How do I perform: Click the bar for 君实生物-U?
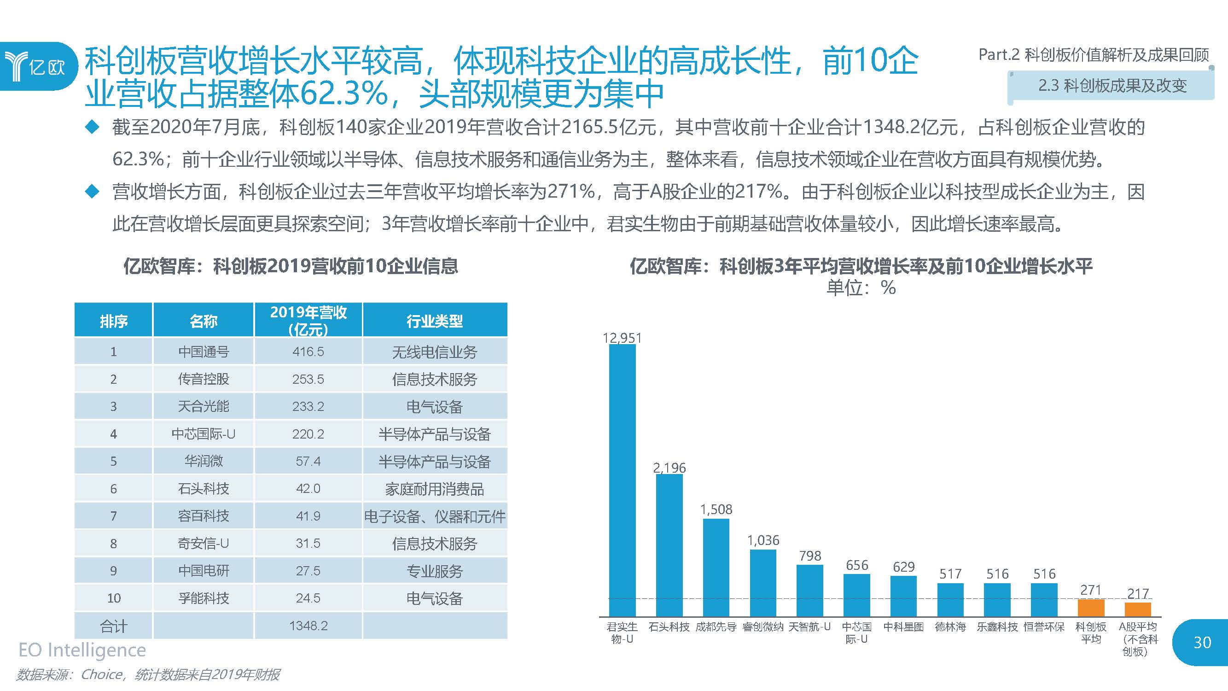[622, 480]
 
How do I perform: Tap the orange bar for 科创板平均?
[1091, 608]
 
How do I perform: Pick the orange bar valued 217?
[1137, 609]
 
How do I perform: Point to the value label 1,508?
[716, 509]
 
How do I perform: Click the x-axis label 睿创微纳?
[763, 627]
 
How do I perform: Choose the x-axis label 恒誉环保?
[1044, 627]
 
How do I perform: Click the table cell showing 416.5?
[308, 351]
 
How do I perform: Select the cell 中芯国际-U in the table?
[204, 434]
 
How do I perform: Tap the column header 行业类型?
[434, 321]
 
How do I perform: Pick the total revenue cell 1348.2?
[308, 626]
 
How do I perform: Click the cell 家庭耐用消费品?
[434, 489]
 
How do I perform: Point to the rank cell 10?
[113, 598]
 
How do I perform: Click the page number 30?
[1202, 642]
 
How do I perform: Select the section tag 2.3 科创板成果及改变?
[1112, 86]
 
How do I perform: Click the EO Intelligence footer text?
[82, 650]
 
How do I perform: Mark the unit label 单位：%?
[861, 287]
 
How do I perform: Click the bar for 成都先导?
[716, 568]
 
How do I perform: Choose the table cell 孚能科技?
[204, 598]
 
